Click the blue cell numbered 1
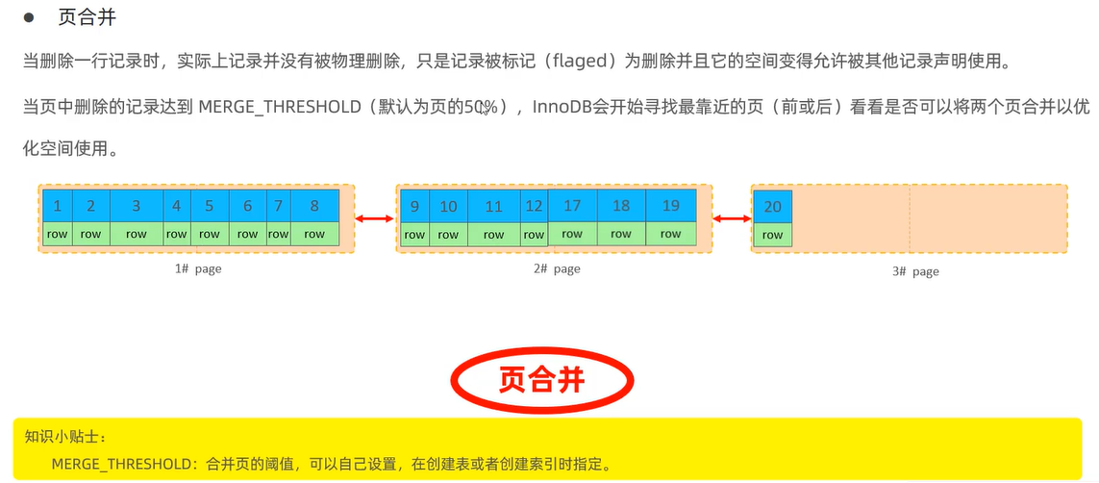(x=58, y=206)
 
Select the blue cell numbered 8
(x=314, y=206)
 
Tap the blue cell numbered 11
(x=493, y=207)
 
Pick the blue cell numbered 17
(x=572, y=206)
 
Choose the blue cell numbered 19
(x=670, y=206)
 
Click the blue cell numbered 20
(x=772, y=207)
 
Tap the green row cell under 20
(x=772, y=235)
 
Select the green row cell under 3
(x=137, y=234)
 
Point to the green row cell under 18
(x=621, y=234)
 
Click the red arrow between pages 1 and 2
(x=375, y=220)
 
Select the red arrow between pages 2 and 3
(x=731, y=219)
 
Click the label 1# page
(x=198, y=269)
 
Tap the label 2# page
(x=557, y=269)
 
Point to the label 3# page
(x=914, y=271)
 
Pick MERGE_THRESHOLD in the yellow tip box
(x=124, y=464)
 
